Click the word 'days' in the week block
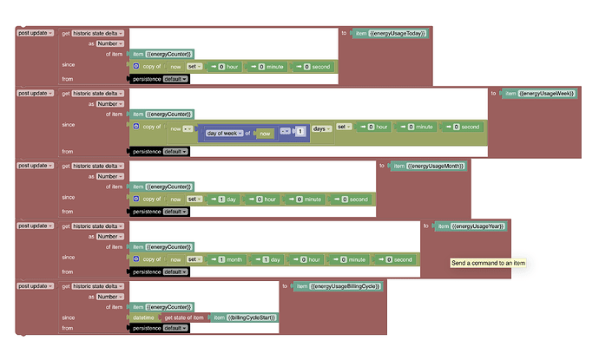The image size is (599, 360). pyautogui.click(x=321, y=128)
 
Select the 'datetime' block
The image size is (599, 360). pyautogui.click(x=144, y=317)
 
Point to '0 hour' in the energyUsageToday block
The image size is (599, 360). pyautogui.click(x=228, y=66)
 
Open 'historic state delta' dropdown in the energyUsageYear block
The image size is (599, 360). pyautogui.click(x=98, y=226)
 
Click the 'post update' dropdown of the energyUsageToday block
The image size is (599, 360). pyautogui.click(x=36, y=33)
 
